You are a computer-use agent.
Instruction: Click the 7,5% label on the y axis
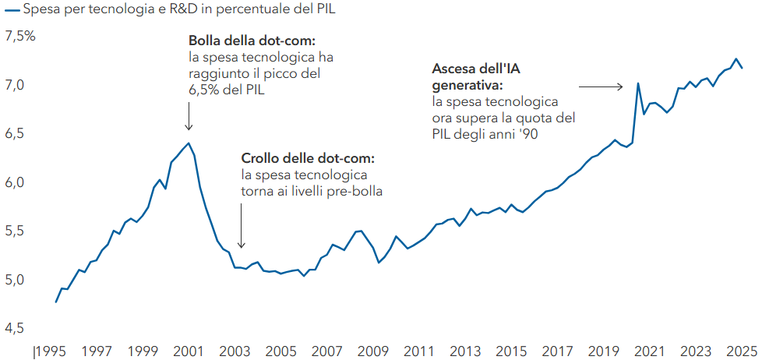pyautogui.click(x=20, y=37)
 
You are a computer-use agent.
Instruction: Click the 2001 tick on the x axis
pyautogui.click(x=187, y=351)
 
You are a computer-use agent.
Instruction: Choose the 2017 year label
pyautogui.click(x=558, y=351)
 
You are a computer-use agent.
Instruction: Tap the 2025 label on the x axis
pyautogui.click(x=741, y=351)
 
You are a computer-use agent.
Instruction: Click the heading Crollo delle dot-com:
pyautogui.click(x=309, y=157)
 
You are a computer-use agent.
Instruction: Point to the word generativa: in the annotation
pyautogui.click(x=466, y=85)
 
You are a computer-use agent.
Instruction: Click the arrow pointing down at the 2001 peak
pyautogui.click(x=188, y=118)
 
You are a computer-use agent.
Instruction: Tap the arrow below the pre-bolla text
pyautogui.click(x=242, y=226)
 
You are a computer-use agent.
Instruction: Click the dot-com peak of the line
pyautogui.click(x=188, y=143)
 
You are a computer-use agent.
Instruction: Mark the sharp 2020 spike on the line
pyautogui.click(x=638, y=83)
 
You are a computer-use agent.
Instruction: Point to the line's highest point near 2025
pyautogui.click(x=736, y=58)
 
